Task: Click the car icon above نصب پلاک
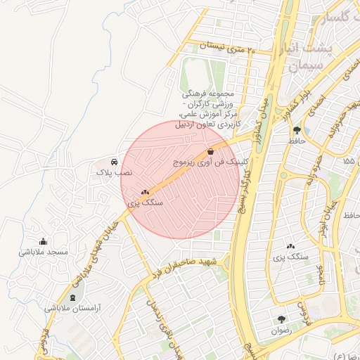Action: pyautogui.click(x=115, y=161)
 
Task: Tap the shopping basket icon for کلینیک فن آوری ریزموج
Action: pyautogui.click(x=211, y=151)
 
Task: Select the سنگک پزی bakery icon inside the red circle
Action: pyautogui.click(x=146, y=192)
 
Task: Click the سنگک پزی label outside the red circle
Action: pyautogui.click(x=291, y=257)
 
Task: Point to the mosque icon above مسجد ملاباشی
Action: pyautogui.click(x=44, y=241)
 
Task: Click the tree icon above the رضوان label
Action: pyautogui.click(x=282, y=319)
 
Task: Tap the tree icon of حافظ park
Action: pyautogui.click(x=297, y=130)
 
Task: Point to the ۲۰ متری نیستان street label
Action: pyautogui.click(x=225, y=47)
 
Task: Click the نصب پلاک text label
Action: pyautogui.click(x=115, y=172)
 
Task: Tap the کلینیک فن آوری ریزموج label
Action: pyautogui.click(x=212, y=162)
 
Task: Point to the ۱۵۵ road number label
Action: pyautogui.click(x=349, y=161)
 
